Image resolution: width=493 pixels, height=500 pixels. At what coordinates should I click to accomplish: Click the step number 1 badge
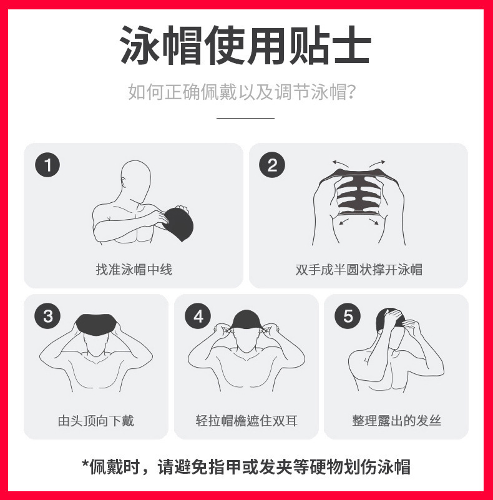(47, 165)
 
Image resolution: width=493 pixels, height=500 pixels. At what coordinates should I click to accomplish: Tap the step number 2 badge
(272, 165)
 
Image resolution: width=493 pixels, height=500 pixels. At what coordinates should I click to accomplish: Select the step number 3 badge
(47, 316)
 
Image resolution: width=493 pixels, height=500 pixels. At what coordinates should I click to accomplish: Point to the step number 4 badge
(198, 316)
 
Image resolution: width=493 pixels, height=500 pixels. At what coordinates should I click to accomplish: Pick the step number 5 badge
(348, 316)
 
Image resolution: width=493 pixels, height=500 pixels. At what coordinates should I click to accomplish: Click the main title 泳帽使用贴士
(246, 46)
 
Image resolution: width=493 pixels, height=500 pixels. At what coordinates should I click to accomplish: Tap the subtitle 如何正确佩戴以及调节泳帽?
(242, 92)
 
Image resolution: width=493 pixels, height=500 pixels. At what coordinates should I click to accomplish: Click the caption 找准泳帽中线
(134, 270)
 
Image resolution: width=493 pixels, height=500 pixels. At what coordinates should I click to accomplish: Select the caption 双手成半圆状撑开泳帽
(359, 270)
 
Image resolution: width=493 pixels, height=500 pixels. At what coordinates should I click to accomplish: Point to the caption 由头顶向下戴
(96, 421)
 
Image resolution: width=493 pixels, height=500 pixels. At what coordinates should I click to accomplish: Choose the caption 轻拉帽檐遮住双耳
(246, 421)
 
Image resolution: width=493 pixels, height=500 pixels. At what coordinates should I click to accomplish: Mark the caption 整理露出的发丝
(396, 421)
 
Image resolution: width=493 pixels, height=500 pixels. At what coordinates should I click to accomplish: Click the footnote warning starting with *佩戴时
(246, 467)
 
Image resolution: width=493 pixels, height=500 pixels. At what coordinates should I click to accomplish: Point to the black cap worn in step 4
(246, 320)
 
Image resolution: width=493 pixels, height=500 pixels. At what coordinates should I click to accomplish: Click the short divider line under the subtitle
(245, 118)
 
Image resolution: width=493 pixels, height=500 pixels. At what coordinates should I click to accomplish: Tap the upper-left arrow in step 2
(340, 164)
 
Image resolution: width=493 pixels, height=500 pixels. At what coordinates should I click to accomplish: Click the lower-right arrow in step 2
(374, 222)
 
